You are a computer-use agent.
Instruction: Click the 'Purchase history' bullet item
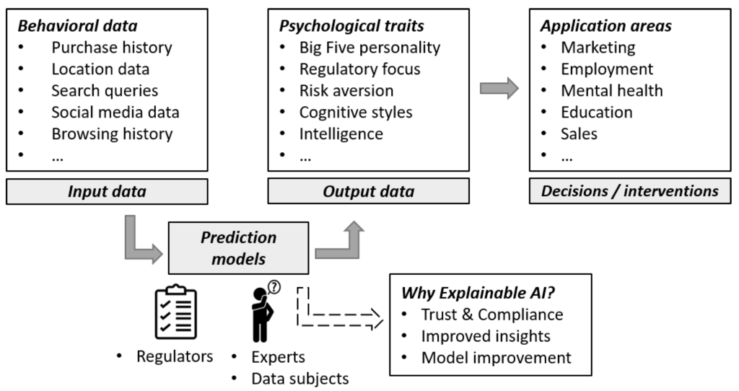(x=111, y=48)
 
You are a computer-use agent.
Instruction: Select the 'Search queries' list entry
(x=104, y=91)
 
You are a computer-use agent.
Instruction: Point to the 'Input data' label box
(x=106, y=191)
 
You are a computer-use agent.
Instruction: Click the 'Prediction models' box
(x=238, y=247)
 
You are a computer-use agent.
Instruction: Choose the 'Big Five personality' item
(x=369, y=48)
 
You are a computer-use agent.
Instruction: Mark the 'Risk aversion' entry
(x=346, y=91)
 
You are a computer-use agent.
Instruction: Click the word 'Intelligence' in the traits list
(x=341, y=133)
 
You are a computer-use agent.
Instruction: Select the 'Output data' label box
(x=368, y=191)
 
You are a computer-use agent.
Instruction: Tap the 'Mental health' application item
(x=611, y=91)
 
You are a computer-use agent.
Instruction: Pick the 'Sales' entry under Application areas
(x=579, y=133)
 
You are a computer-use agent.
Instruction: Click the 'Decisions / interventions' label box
(x=630, y=191)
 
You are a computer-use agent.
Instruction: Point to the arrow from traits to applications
(x=499, y=89)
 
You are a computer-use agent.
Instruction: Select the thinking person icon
(x=261, y=317)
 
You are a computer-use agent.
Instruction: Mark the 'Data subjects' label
(x=299, y=377)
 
